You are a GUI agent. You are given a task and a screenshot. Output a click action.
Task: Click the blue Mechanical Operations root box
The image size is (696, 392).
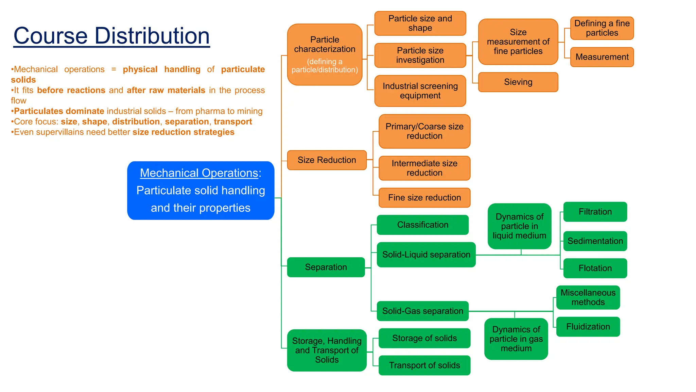point(201,190)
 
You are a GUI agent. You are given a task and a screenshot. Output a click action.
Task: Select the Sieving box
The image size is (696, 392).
point(518,82)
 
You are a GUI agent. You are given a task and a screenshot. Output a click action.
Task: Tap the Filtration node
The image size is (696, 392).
point(595,212)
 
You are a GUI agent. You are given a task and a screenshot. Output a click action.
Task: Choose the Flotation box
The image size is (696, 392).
point(595,268)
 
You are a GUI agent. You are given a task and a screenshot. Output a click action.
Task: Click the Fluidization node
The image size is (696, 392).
point(588,327)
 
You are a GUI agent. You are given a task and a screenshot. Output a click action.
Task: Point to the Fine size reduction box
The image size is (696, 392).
point(424,198)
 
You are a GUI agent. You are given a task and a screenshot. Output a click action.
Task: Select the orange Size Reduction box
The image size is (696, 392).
point(327,160)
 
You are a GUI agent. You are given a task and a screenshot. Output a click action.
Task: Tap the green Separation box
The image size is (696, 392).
point(326,267)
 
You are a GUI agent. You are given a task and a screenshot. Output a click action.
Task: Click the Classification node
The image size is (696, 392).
point(422,225)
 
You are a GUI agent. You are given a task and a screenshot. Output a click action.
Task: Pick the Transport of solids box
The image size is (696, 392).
point(424,365)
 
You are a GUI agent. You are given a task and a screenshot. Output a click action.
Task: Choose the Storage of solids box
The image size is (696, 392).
point(424,338)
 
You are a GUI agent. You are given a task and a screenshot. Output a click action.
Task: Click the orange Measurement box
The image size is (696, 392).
point(602,57)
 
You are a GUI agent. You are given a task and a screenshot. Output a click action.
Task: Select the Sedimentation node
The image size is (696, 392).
point(595,241)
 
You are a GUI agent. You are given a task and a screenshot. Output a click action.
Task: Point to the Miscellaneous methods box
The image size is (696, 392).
point(588,297)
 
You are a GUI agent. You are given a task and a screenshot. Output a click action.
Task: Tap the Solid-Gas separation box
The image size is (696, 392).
point(422,311)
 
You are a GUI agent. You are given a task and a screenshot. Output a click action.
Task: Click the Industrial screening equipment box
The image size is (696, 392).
point(420,91)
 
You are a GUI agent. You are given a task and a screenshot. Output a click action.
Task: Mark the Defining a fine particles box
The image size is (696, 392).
point(602,28)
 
